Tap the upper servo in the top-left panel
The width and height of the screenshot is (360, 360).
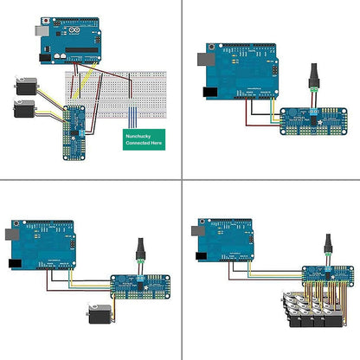25,87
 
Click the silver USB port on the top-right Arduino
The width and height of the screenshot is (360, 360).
205,60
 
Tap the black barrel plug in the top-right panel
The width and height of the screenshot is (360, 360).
312,73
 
